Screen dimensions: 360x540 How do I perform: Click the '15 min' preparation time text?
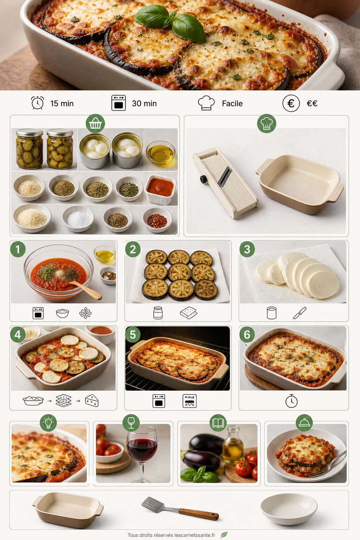pos(62,103)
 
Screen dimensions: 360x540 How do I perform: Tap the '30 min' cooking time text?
pos(144,103)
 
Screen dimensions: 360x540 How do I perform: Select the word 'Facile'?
pos(232,103)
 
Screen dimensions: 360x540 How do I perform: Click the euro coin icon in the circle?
pos(291,103)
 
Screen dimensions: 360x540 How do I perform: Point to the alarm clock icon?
pos(38,103)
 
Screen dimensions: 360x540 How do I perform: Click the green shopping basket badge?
pos(95,123)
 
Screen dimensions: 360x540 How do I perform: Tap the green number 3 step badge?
pos(247,249)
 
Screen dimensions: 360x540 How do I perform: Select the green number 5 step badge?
pos(133,335)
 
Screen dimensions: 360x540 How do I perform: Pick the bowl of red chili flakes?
pos(157,220)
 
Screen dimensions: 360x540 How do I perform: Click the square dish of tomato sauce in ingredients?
pos(160,189)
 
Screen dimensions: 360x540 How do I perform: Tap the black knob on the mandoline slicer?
pos(204,179)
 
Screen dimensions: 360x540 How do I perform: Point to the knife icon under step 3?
pos(300,313)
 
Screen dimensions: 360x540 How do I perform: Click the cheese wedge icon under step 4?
pos(92,401)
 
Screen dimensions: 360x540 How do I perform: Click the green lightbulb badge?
pos(48,423)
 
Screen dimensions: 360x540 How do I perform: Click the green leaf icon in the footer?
pos(224,535)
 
